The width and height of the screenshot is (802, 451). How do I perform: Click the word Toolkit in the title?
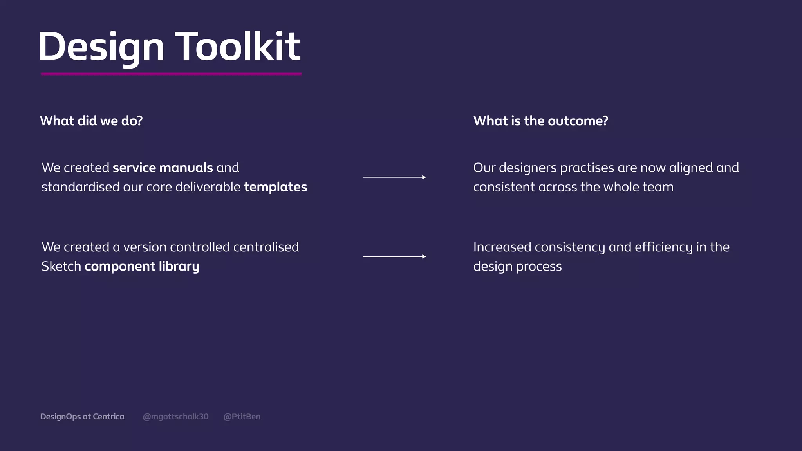click(x=237, y=47)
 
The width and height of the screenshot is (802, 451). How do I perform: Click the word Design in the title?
click(x=101, y=47)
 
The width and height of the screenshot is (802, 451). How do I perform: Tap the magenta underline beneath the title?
click(x=171, y=74)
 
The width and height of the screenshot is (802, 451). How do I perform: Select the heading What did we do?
click(x=91, y=121)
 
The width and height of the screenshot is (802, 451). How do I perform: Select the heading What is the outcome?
click(x=540, y=121)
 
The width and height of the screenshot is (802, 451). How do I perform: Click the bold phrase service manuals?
click(x=163, y=168)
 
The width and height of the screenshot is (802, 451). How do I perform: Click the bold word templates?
click(x=275, y=187)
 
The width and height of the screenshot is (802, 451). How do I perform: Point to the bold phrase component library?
click(x=142, y=267)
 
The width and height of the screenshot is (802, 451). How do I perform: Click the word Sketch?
click(x=61, y=267)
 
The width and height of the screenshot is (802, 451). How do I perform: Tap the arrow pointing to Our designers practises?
click(x=394, y=177)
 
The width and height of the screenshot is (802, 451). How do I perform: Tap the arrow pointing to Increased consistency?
click(x=394, y=256)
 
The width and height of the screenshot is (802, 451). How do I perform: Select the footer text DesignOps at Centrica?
click(x=82, y=417)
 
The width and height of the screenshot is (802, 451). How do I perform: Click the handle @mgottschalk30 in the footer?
click(x=175, y=417)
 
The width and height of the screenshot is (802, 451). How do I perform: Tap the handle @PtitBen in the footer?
click(x=242, y=417)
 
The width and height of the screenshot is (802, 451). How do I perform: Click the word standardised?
click(x=80, y=187)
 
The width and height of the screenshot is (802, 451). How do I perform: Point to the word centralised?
click(x=266, y=247)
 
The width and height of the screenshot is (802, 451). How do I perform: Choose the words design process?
click(x=517, y=267)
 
